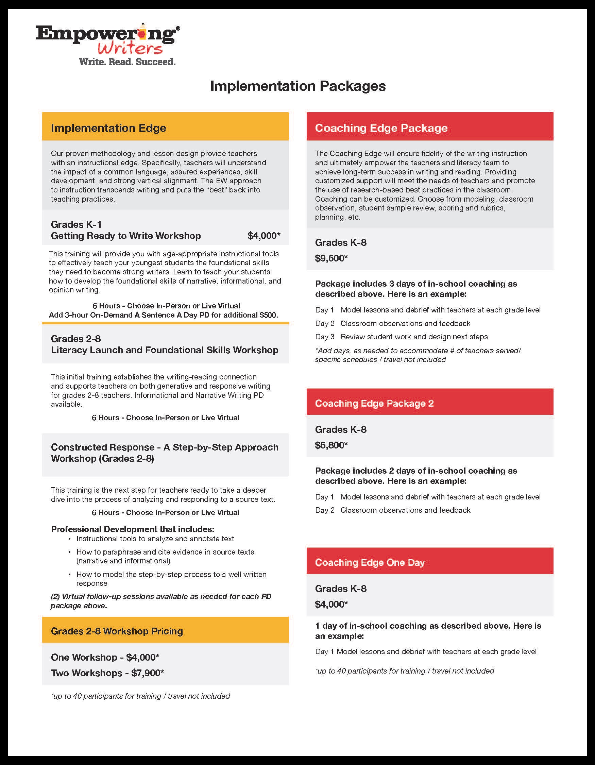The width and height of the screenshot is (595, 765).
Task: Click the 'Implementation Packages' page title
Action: click(x=298, y=86)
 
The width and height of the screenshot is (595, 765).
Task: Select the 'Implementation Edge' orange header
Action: click(x=108, y=128)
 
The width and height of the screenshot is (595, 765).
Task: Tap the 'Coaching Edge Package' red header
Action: click(x=381, y=128)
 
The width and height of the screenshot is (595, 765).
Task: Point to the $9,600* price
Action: click(x=331, y=258)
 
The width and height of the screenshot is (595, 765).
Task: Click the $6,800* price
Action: click(x=331, y=445)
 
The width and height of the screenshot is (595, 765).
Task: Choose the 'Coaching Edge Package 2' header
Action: click(x=374, y=403)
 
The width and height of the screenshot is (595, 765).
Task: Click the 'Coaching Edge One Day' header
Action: click(x=370, y=563)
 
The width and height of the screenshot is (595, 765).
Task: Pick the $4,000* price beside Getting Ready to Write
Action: click(x=263, y=236)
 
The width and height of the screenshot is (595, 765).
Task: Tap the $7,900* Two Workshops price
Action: click(x=148, y=673)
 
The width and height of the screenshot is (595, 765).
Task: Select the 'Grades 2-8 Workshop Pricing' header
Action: click(x=117, y=631)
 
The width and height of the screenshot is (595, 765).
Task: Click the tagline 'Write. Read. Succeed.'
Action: click(x=127, y=62)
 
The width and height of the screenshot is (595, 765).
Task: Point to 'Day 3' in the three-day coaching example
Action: click(x=325, y=337)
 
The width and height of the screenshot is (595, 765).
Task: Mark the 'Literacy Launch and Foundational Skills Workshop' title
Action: click(x=164, y=350)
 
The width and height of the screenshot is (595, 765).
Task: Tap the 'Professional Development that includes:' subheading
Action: click(x=132, y=529)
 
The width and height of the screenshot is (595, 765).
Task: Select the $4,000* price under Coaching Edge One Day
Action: click(x=331, y=604)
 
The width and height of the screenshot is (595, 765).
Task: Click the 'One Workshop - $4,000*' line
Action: click(x=105, y=657)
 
